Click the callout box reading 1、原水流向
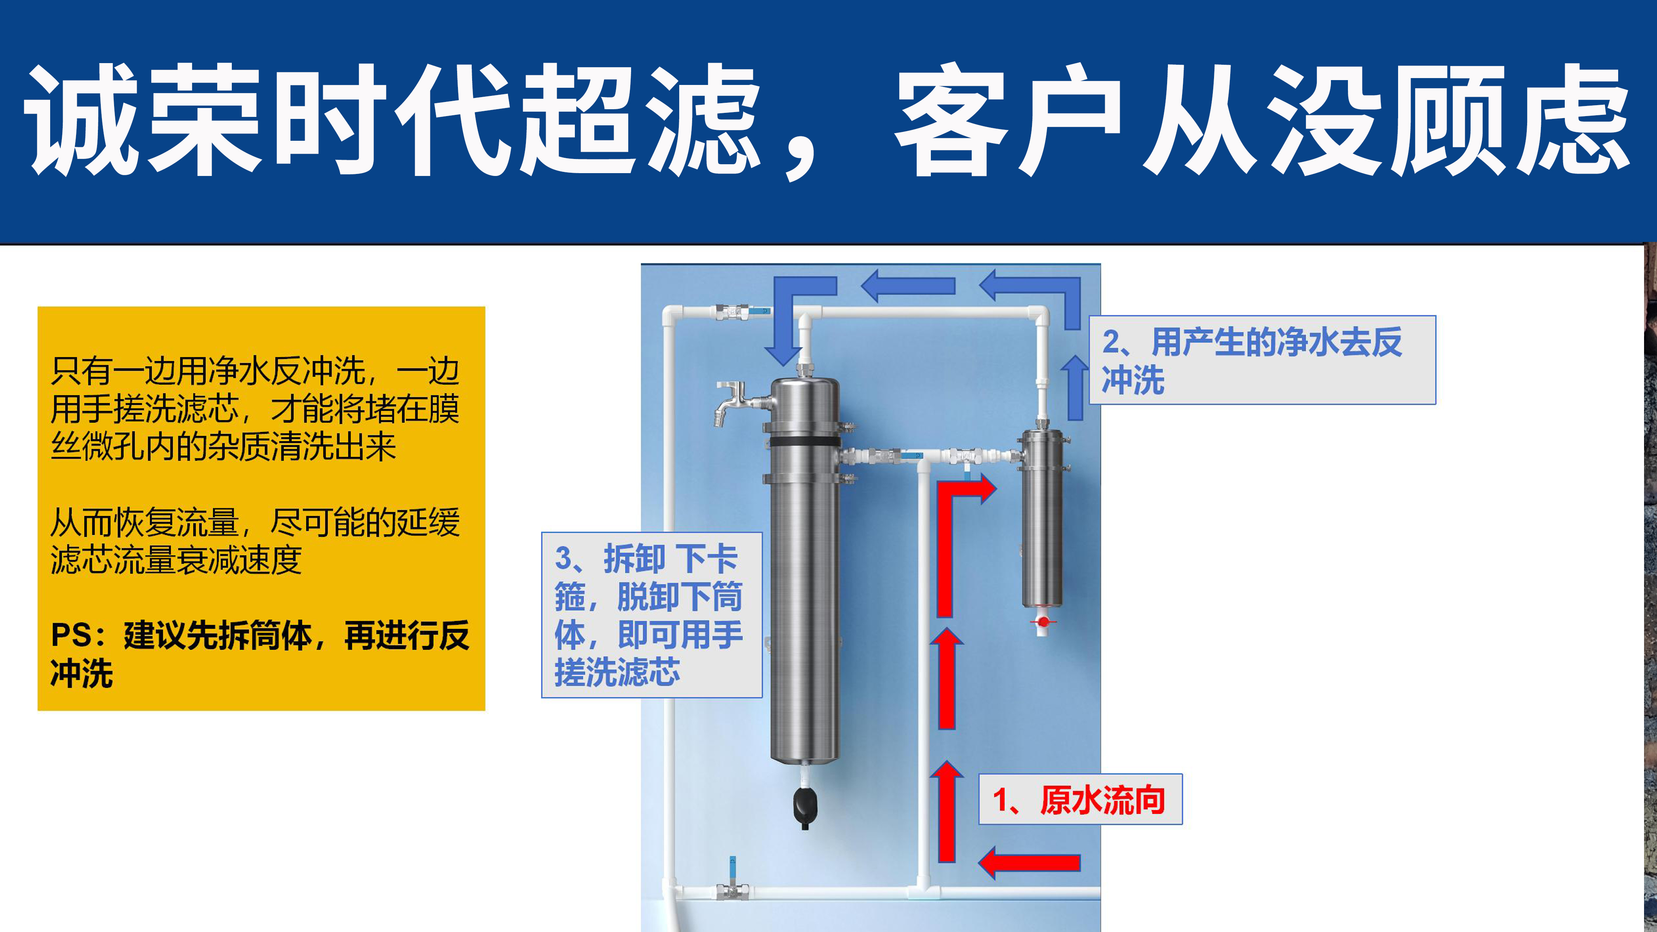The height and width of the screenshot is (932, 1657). [x=1080, y=799]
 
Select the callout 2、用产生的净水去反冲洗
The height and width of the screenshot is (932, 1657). [x=1262, y=360]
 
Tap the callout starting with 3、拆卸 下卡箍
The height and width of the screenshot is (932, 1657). [x=652, y=615]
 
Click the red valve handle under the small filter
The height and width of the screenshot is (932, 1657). [x=1043, y=621]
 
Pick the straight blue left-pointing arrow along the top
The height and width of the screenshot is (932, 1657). [x=908, y=285]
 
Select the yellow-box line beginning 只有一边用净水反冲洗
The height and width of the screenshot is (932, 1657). [x=255, y=371]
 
